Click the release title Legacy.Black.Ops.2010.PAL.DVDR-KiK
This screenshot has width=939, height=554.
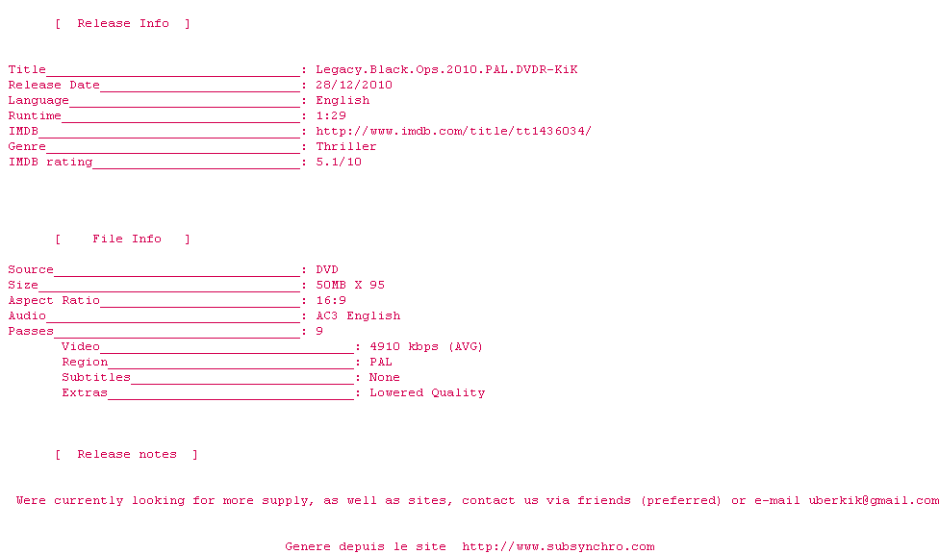point(446,69)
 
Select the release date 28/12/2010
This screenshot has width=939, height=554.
point(354,85)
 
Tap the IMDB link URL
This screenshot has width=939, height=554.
point(453,131)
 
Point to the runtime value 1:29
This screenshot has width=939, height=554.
point(331,115)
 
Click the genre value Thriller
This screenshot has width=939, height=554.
point(346,146)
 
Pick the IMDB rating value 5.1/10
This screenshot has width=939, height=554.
point(339,162)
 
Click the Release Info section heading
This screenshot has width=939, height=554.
point(123,23)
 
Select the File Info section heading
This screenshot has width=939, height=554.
point(127,239)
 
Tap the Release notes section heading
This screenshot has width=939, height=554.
point(127,454)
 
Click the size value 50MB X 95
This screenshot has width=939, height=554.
point(350,285)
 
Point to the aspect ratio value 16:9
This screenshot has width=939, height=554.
point(331,300)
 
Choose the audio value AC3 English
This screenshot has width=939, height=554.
point(358,315)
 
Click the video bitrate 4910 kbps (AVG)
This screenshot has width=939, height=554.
point(426,346)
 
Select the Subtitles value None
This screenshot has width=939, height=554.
point(385,377)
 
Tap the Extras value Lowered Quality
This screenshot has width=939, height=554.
point(427,392)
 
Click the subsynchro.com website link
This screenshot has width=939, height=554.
point(558,546)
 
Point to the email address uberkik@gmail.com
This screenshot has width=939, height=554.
point(874,500)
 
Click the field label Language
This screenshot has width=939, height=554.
point(38,100)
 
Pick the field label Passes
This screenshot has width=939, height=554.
point(31,331)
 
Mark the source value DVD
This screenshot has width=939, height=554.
point(327,269)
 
